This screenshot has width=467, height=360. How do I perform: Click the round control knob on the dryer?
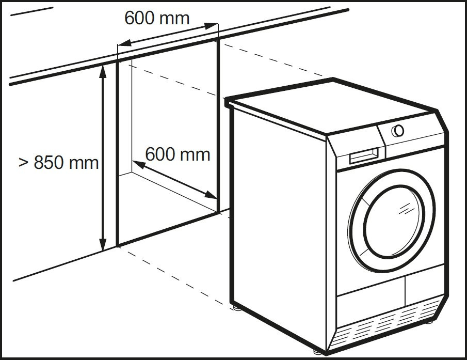point(398,130)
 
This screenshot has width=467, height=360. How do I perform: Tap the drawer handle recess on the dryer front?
point(367,155)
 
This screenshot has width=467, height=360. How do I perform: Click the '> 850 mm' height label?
point(58,162)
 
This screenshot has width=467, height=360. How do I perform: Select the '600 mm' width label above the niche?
point(157,18)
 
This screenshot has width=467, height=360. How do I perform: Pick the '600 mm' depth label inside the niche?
point(178,154)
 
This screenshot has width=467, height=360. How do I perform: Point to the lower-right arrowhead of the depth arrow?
point(211,195)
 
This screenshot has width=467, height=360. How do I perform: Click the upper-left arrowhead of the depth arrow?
point(137,164)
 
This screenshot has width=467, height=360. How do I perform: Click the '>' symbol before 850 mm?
point(23,162)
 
